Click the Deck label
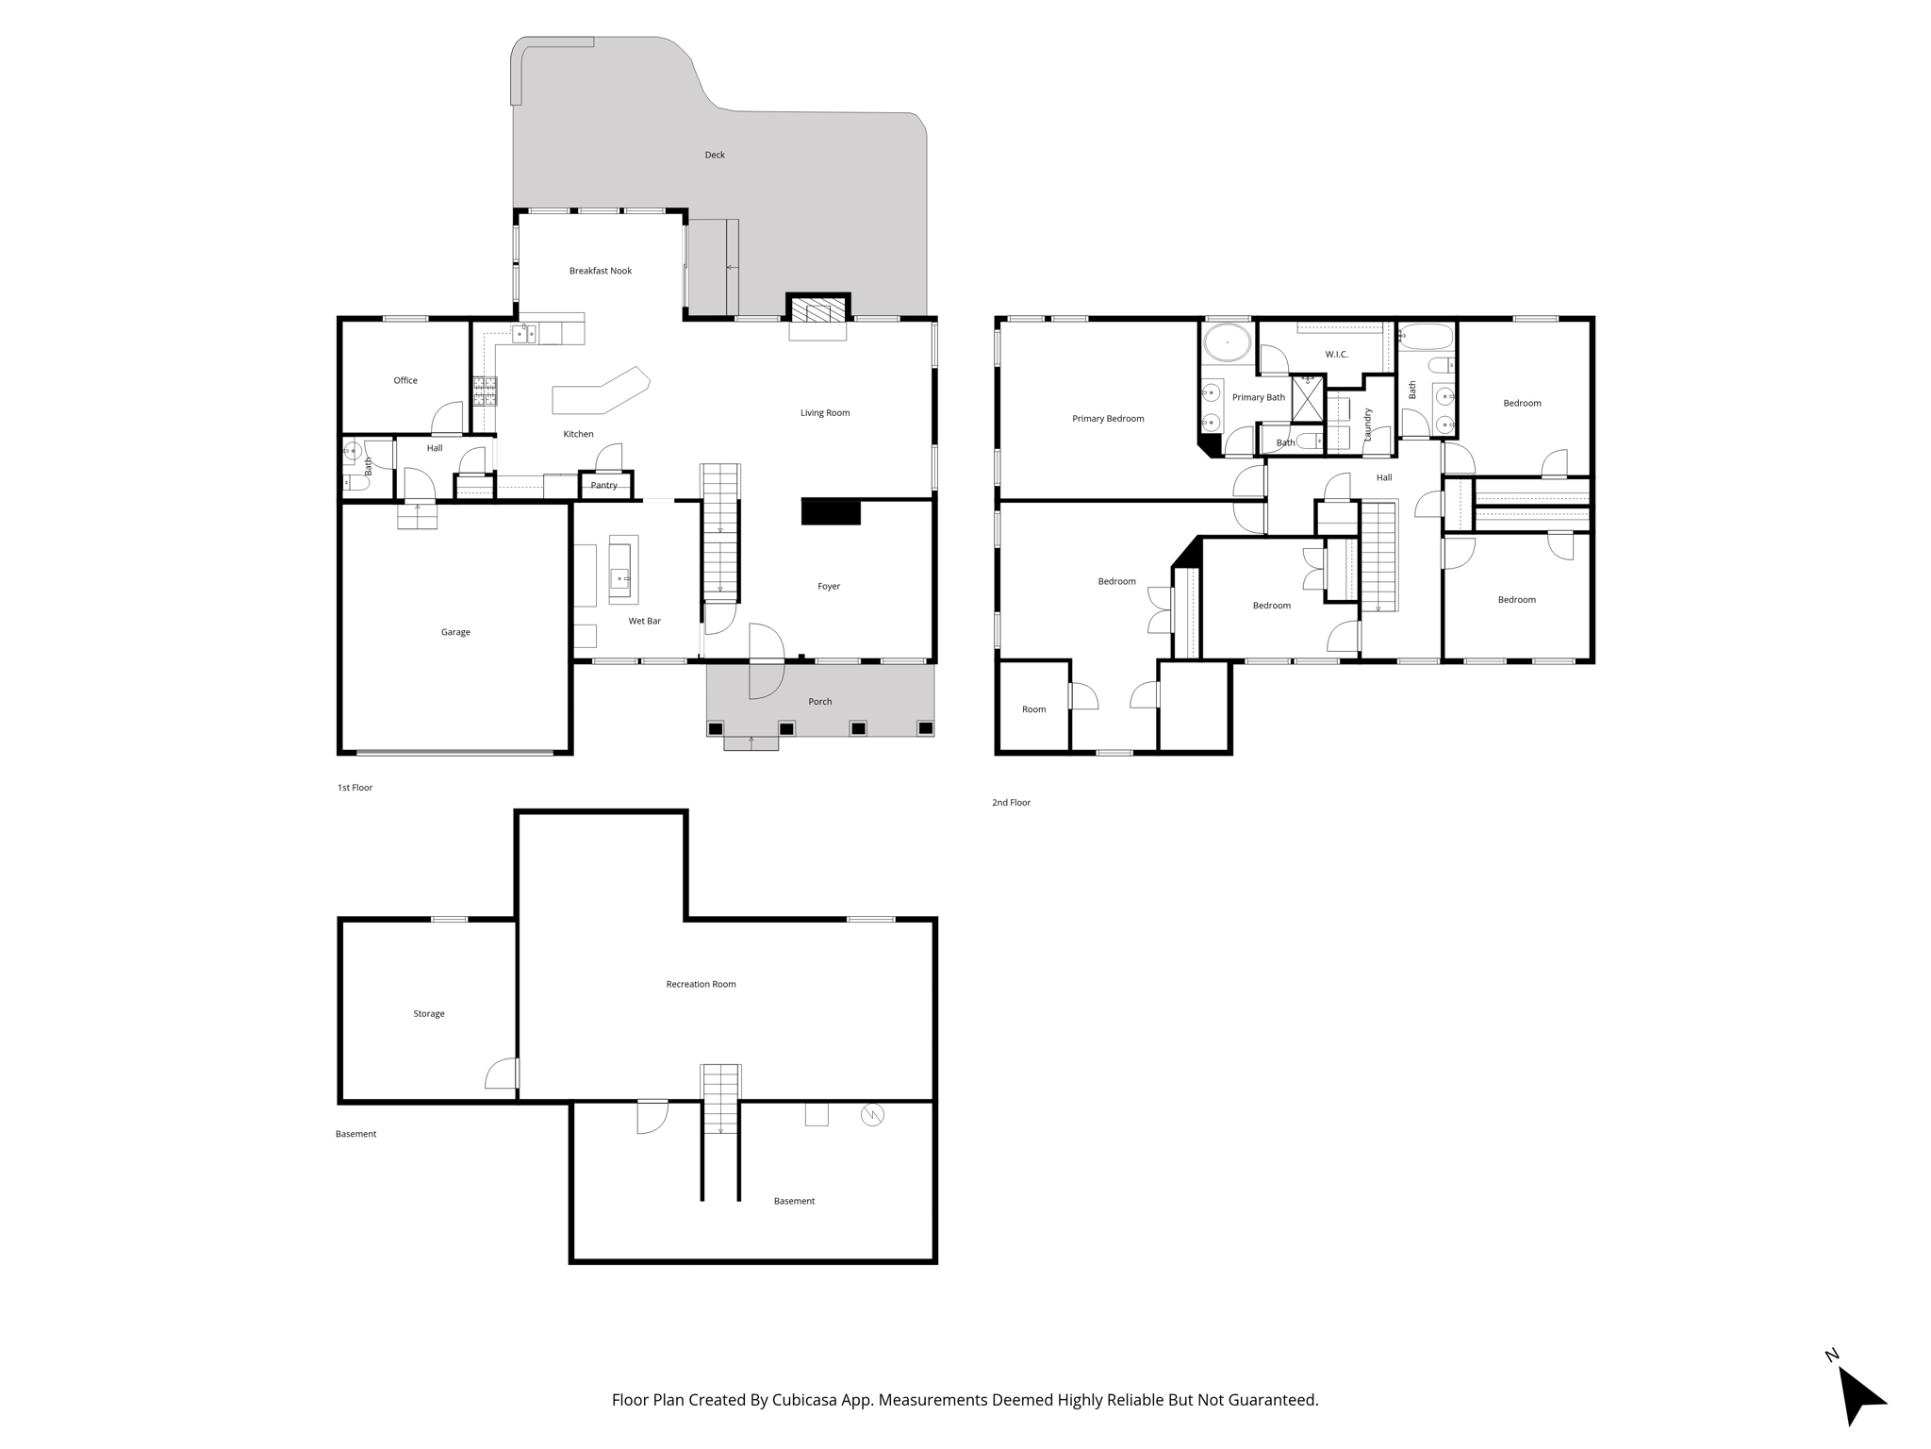click(x=715, y=155)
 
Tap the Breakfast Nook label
click(x=600, y=271)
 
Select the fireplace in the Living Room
click(x=817, y=311)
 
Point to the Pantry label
click(x=603, y=486)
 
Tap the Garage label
click(x=455, y=632)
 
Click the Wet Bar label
click(x=644, y=621)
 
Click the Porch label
click(x=819, y=702)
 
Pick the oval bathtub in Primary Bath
click(x=1227, y=342)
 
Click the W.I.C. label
click(x=1336, y=355)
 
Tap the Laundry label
click(x=1367, y=425)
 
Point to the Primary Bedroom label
click(x=1107, y=419)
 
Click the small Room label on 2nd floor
click(x=1033, y=709)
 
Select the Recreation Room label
click(x=701, y=984)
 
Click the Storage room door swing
click(x=503, y=1074)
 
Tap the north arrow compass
click(x=1858, y=1395)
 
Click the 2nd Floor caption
click(x=1011, y=803)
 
